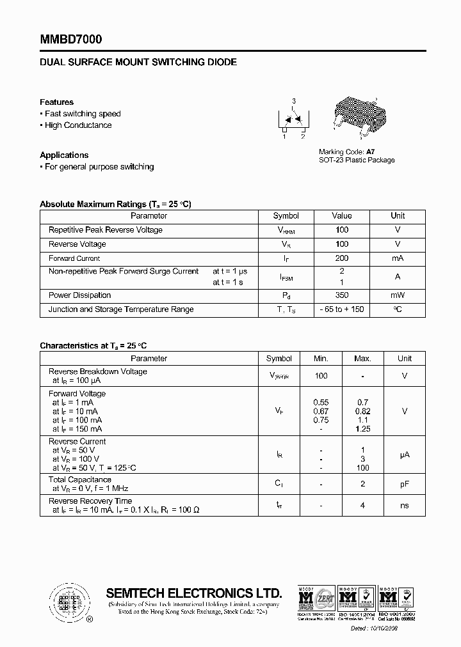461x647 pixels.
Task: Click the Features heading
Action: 56,102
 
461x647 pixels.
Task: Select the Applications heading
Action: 64,155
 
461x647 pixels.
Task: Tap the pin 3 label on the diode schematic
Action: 294,102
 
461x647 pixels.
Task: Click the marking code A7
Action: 370,152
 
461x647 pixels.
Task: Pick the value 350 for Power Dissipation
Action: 342,295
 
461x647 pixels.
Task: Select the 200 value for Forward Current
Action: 342,258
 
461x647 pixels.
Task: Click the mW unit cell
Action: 398,295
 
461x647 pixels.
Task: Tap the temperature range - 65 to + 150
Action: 342,309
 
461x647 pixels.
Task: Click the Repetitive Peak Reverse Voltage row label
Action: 106,230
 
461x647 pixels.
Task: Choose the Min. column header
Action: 321,359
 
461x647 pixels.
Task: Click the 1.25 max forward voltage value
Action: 362,429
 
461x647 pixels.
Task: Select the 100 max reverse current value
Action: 362,468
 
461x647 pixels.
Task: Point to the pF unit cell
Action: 405,484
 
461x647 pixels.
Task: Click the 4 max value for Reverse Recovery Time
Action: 362,506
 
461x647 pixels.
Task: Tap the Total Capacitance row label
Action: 80,479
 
